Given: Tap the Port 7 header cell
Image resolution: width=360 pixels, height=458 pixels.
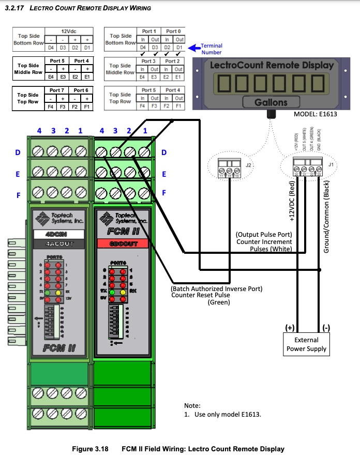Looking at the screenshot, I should pyautogui.click(x=57, y=90).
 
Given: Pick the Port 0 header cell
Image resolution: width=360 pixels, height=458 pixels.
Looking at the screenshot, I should pyautogui.click(x=173, y=32).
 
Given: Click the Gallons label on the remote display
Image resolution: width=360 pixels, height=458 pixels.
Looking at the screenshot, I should pyautogui.click(x=271, y=102).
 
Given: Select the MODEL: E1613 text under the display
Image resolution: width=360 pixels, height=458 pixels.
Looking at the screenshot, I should pyautogui.click(x=315, y=114).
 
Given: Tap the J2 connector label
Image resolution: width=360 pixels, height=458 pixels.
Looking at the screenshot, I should pyautogui.click(x=248, y=165).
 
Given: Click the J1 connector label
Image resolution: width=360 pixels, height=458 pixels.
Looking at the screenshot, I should pyautogui.click(x=331, y=165).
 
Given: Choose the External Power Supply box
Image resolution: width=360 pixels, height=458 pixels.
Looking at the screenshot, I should pyautogui.click(x=307, y=344).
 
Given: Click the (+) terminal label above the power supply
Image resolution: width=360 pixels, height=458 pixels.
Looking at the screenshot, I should pyautogui.click(x=290, y=327).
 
